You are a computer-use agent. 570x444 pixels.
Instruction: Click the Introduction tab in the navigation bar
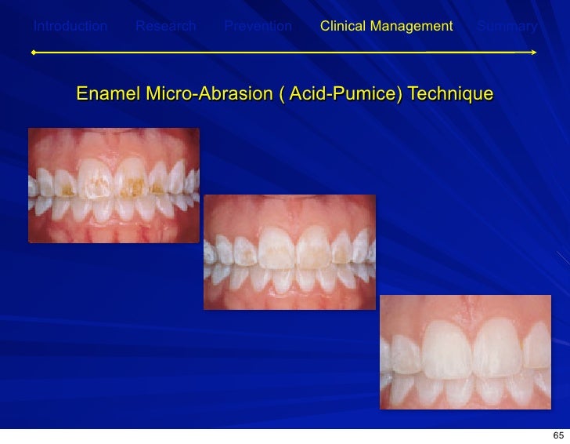pos(70,27)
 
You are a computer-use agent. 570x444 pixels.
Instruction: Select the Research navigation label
pos(166,27)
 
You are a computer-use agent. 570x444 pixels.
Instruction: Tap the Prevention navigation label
pos(258,27)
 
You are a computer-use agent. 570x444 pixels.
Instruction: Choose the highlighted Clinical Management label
pos(386,27)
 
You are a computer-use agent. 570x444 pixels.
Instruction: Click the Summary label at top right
pos(507,27)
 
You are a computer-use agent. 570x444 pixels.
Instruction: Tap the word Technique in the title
pos(451,95)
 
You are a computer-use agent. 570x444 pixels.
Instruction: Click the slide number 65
pos(558,435)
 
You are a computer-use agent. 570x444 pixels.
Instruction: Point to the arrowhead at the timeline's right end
pos(534,53)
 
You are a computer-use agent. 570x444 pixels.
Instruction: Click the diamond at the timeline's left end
pos(33,53)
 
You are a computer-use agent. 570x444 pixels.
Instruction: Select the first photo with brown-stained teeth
pos(114,185)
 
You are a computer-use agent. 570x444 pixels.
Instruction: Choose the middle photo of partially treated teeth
pos(289,252)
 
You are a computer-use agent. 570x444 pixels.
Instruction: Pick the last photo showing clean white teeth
pos(465,351)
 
